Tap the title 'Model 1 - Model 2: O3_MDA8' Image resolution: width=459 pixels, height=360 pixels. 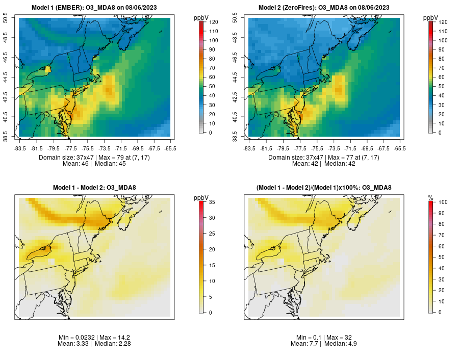[94, 188]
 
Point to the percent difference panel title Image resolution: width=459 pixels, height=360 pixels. [324, 188]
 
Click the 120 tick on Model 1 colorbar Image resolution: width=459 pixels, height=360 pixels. [213, 22]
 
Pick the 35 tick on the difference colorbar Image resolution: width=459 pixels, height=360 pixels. [212, 202]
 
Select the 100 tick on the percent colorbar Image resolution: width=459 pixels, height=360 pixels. [443, 202]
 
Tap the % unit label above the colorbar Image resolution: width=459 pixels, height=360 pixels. [430, 197]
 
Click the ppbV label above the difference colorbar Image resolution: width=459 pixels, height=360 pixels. [201, 197]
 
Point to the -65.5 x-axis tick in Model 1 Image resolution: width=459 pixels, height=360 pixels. [170, 148]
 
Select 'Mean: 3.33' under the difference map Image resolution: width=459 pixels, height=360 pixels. [74, 344]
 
